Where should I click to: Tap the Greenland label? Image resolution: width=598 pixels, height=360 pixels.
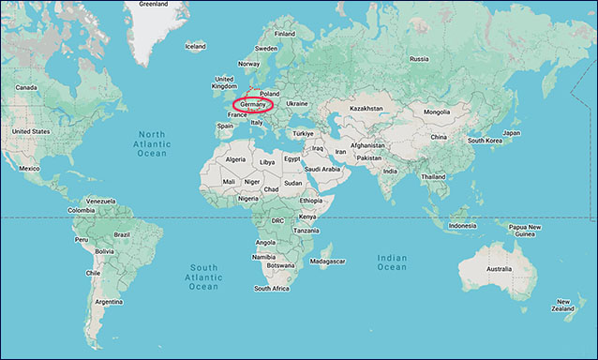pos(153,4)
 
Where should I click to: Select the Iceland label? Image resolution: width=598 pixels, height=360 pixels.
pos(195,46)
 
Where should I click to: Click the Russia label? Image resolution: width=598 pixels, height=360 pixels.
pos(419,59)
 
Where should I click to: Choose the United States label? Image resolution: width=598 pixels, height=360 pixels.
pos(30,131)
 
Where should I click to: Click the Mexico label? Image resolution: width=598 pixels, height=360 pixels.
pos(30,169)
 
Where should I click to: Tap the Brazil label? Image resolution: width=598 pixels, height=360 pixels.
pos(122,233)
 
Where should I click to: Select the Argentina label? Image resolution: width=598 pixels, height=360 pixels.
pos(108,302)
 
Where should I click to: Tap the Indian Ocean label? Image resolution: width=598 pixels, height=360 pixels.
pos(392,262)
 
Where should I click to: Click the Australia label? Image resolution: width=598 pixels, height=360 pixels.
pos(499,269)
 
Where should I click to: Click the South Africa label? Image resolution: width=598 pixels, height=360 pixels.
pos(271,289)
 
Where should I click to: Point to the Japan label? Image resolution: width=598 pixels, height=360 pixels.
pos(511,133)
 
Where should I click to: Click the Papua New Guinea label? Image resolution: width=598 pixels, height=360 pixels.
pos(525,231)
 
